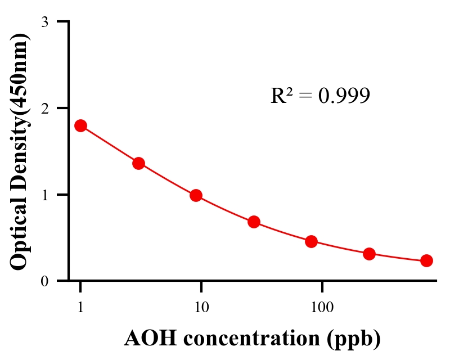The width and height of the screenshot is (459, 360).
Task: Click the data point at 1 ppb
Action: coord(80,125)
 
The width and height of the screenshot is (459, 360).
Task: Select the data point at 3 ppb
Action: coord(138,163)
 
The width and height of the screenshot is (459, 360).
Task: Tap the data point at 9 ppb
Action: coord(196,195)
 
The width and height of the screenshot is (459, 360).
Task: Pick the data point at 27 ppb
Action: coord(254,222)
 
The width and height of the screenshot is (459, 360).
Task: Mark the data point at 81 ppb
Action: coord(311,242)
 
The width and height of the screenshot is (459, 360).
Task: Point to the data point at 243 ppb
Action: coord(369,254)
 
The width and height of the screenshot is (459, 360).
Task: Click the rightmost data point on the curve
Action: coord(426,260)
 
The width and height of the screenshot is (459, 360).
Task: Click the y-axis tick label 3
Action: coord(44,22)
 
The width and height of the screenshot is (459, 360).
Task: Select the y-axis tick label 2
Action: coord(44,108)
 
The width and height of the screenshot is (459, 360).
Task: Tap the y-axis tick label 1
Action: coord(44,195)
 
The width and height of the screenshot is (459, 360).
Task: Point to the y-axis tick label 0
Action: coord(44,281)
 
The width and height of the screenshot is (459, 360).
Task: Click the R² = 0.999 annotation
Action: coord(320,96)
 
